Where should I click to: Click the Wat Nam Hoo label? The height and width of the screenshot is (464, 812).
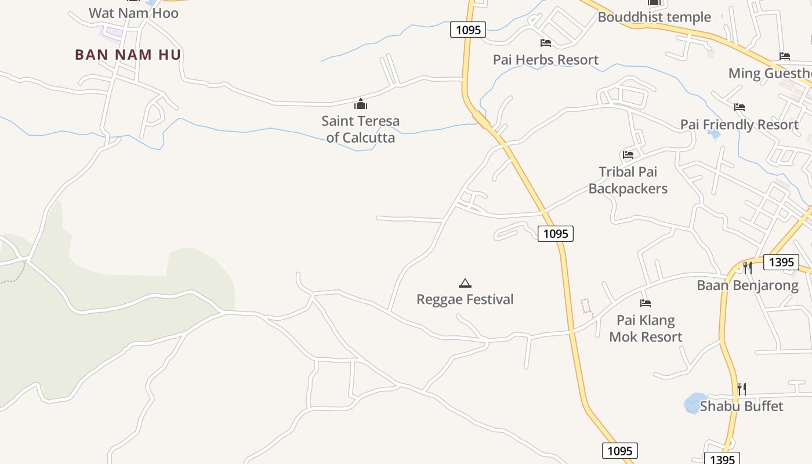click(x=133, y=13)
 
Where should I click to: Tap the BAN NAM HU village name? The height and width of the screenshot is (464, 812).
click(x=128, y=55)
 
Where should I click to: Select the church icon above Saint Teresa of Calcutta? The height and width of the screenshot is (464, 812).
click(x=361, y=104)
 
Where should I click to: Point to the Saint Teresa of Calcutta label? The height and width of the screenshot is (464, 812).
click(x=361, y=129)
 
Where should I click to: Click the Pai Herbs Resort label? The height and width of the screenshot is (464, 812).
click(x=546, y=60)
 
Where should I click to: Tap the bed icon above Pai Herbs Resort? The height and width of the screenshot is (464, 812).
click(x=546, y=43)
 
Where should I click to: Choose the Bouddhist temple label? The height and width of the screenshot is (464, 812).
click(x=654, y=17)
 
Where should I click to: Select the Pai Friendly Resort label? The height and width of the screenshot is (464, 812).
click(x=739, y=125)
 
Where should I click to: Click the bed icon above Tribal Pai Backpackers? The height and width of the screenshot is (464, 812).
click(x=628, y=155)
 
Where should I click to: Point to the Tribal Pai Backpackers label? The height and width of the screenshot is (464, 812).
click(x=628, y=180)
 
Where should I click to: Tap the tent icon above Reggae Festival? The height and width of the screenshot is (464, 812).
click(x=465, y=283)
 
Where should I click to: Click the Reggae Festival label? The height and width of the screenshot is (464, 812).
click(x=465, y=299)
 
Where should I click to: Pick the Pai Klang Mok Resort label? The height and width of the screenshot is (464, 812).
click(x=646, y=328)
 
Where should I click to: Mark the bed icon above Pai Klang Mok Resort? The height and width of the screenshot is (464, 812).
click(x=646, y=303)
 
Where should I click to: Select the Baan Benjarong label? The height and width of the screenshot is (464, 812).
click(x=748, y=285)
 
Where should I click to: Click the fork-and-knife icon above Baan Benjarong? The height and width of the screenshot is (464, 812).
click(x=748, y=268)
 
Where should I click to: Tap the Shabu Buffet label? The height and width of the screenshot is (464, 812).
click(x=741, y=406)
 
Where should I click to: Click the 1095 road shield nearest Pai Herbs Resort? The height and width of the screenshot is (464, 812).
click(x=468, y=30)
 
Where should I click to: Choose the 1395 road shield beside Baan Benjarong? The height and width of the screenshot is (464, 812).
click(x=781, y=262)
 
